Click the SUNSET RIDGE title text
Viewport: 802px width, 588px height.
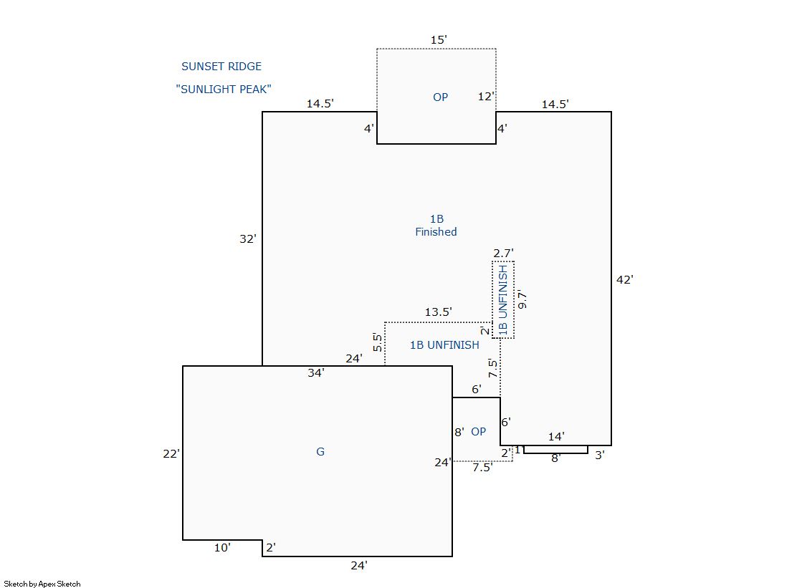[x=221, y=67]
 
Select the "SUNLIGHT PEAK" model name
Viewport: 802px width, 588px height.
[x=223, y=90]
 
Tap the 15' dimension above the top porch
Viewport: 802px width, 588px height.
[x=439, y=40]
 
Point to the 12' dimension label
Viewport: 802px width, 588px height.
[x=487, y=97]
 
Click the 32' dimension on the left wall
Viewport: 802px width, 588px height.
[x=247, y=240]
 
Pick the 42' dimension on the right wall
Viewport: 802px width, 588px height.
[x=624, y=280]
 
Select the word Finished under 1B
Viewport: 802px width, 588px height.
[x=436, y=232]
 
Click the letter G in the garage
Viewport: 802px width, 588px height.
[x=320, y=452]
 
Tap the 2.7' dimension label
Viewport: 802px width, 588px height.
[x=503, y=253]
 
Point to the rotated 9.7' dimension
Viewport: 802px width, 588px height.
[x=522, y=299]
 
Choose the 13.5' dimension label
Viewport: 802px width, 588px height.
[x=438, y=312]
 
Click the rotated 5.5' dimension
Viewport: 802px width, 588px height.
[x=377, y=342]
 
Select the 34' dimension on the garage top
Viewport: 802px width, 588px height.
[x=315, y=372]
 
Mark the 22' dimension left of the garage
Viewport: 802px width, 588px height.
[x=171, y=453]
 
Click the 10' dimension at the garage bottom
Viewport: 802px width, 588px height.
[x=222, y=548]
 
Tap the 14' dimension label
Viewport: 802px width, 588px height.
[x=556, y=436]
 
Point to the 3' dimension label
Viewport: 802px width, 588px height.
[x=600, y=455]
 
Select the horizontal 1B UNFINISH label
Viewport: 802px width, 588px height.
[x=444, y=345]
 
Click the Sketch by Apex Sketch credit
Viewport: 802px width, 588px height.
[x=42, y=584]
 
